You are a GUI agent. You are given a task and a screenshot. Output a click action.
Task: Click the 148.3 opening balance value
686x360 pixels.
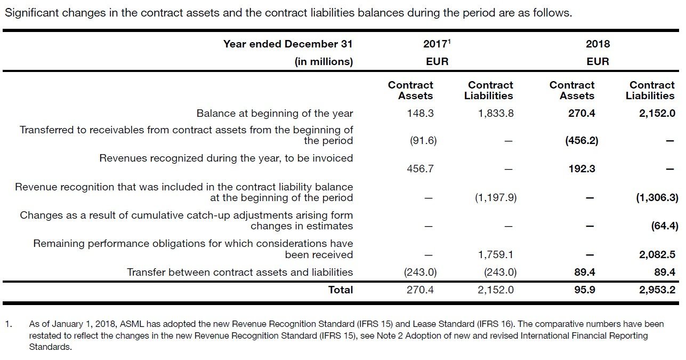(x=420, y=113)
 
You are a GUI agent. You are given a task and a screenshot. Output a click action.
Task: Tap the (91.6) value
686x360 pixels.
(x=423, y=141)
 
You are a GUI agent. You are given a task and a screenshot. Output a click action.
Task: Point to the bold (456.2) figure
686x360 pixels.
(x=581, y=141)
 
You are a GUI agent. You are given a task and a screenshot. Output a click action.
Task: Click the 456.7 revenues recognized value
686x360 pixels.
(x=420, y=169)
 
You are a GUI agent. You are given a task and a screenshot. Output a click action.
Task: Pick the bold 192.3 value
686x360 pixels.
(x=582, y=169)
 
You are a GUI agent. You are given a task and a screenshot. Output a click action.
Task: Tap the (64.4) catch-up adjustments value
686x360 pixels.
(x=665, y=226)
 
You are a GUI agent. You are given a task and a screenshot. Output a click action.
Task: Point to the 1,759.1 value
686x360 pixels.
(x=496, y=255)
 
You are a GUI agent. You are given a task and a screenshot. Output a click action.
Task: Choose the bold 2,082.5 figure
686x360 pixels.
(x=657, y=255)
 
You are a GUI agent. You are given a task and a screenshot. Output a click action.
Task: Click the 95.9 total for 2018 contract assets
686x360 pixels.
(x=585, y=290)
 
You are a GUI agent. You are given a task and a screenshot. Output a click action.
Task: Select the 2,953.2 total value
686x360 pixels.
(x=657, y=290)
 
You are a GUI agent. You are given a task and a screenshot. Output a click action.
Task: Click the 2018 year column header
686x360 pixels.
(x=598, y=44)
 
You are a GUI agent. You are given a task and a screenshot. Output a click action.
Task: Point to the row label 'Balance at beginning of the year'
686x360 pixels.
(x=275, y=113)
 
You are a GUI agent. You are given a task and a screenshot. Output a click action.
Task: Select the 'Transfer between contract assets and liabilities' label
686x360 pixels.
(x=240, y=272)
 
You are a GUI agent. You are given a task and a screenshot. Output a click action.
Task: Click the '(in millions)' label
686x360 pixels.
(x=324, y=61)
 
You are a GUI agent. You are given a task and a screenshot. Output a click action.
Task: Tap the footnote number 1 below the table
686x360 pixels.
(x=7, y=324)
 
